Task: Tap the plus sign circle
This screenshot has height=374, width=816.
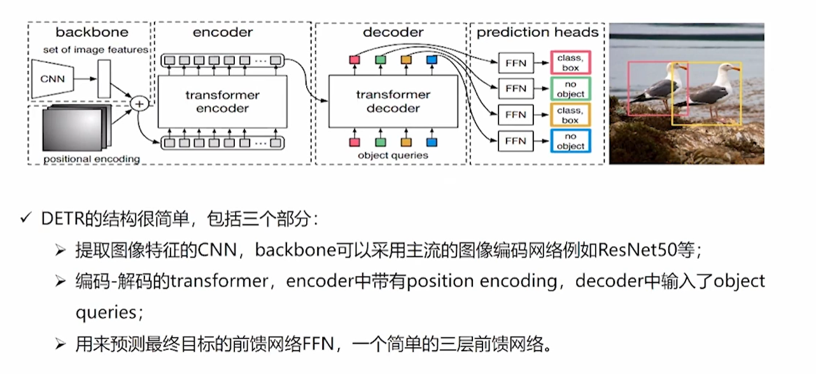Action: tap(137, 103)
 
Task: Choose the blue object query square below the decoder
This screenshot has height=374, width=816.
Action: tap(432, 142)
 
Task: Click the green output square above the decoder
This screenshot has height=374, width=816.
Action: tap(381, 60)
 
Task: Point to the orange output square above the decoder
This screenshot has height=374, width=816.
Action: tap(406, 60)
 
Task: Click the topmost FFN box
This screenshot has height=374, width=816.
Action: tap(515, 62)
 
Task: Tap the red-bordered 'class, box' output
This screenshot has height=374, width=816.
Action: tap(570, 62)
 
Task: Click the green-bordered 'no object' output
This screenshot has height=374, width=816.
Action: tap(570, 89)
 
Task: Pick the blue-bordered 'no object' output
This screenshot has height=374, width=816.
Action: tap(570, 141)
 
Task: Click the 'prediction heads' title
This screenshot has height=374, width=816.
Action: tap(537, 32)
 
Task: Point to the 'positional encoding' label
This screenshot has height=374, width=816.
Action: tap(92, 158)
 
